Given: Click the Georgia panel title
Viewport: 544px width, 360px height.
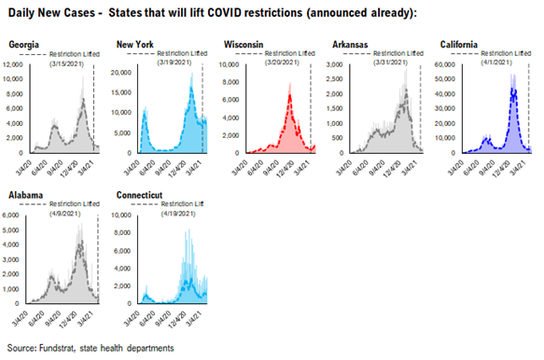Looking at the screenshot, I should pos(26,44).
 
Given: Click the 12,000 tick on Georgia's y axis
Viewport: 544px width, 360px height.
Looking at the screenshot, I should pos(19,64).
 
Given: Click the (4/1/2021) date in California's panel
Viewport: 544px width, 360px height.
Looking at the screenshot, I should pos(504,64).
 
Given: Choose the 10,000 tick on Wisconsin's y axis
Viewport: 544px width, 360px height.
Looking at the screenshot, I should pos(232,64).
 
